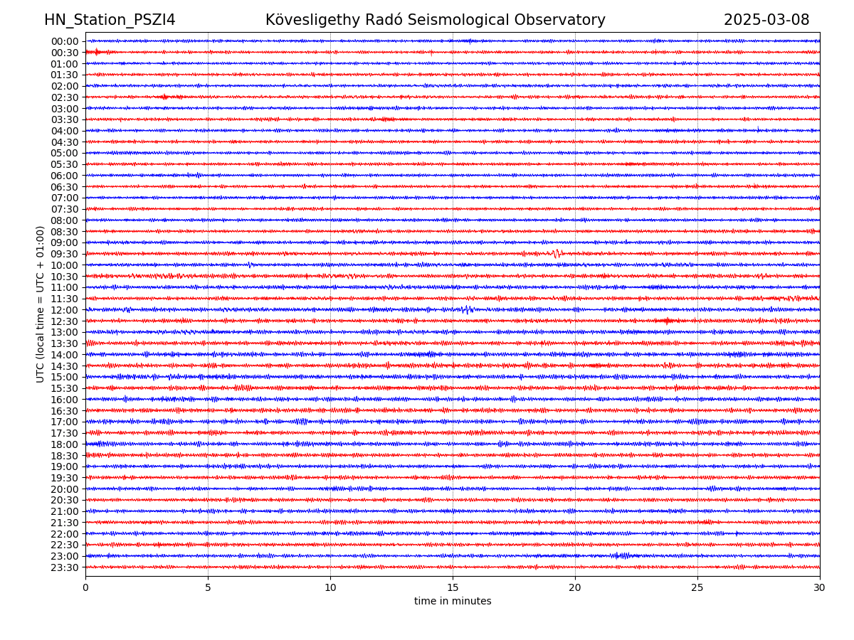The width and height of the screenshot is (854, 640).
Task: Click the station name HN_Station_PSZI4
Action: [110, 20]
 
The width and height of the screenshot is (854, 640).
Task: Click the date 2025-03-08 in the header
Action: [766, 20]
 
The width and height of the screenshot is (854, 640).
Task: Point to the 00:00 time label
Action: [65, 41]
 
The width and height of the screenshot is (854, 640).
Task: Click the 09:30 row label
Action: [65, 254]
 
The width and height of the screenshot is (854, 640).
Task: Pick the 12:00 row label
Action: [65, 310]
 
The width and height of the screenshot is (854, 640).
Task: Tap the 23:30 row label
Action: [65, 567]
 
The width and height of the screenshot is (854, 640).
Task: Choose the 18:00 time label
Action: [65, 444]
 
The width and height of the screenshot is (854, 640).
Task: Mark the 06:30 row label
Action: [65, 187]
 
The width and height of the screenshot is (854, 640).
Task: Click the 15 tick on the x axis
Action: [453, 588]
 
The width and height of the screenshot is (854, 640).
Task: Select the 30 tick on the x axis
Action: [820, 588]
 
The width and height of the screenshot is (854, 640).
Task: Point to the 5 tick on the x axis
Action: [208, 588]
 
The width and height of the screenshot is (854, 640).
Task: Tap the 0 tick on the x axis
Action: [85, 588]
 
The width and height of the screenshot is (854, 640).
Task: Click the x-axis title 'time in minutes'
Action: [453, 602]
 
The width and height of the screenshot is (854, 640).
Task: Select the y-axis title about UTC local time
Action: [41, 304]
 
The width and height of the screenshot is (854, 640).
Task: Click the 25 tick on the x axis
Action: [697, 588]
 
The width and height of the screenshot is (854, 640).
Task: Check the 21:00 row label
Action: [65, 511]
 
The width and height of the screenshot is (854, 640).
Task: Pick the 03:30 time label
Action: [65, 119]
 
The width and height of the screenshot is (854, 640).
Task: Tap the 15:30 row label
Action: [65, 388]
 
